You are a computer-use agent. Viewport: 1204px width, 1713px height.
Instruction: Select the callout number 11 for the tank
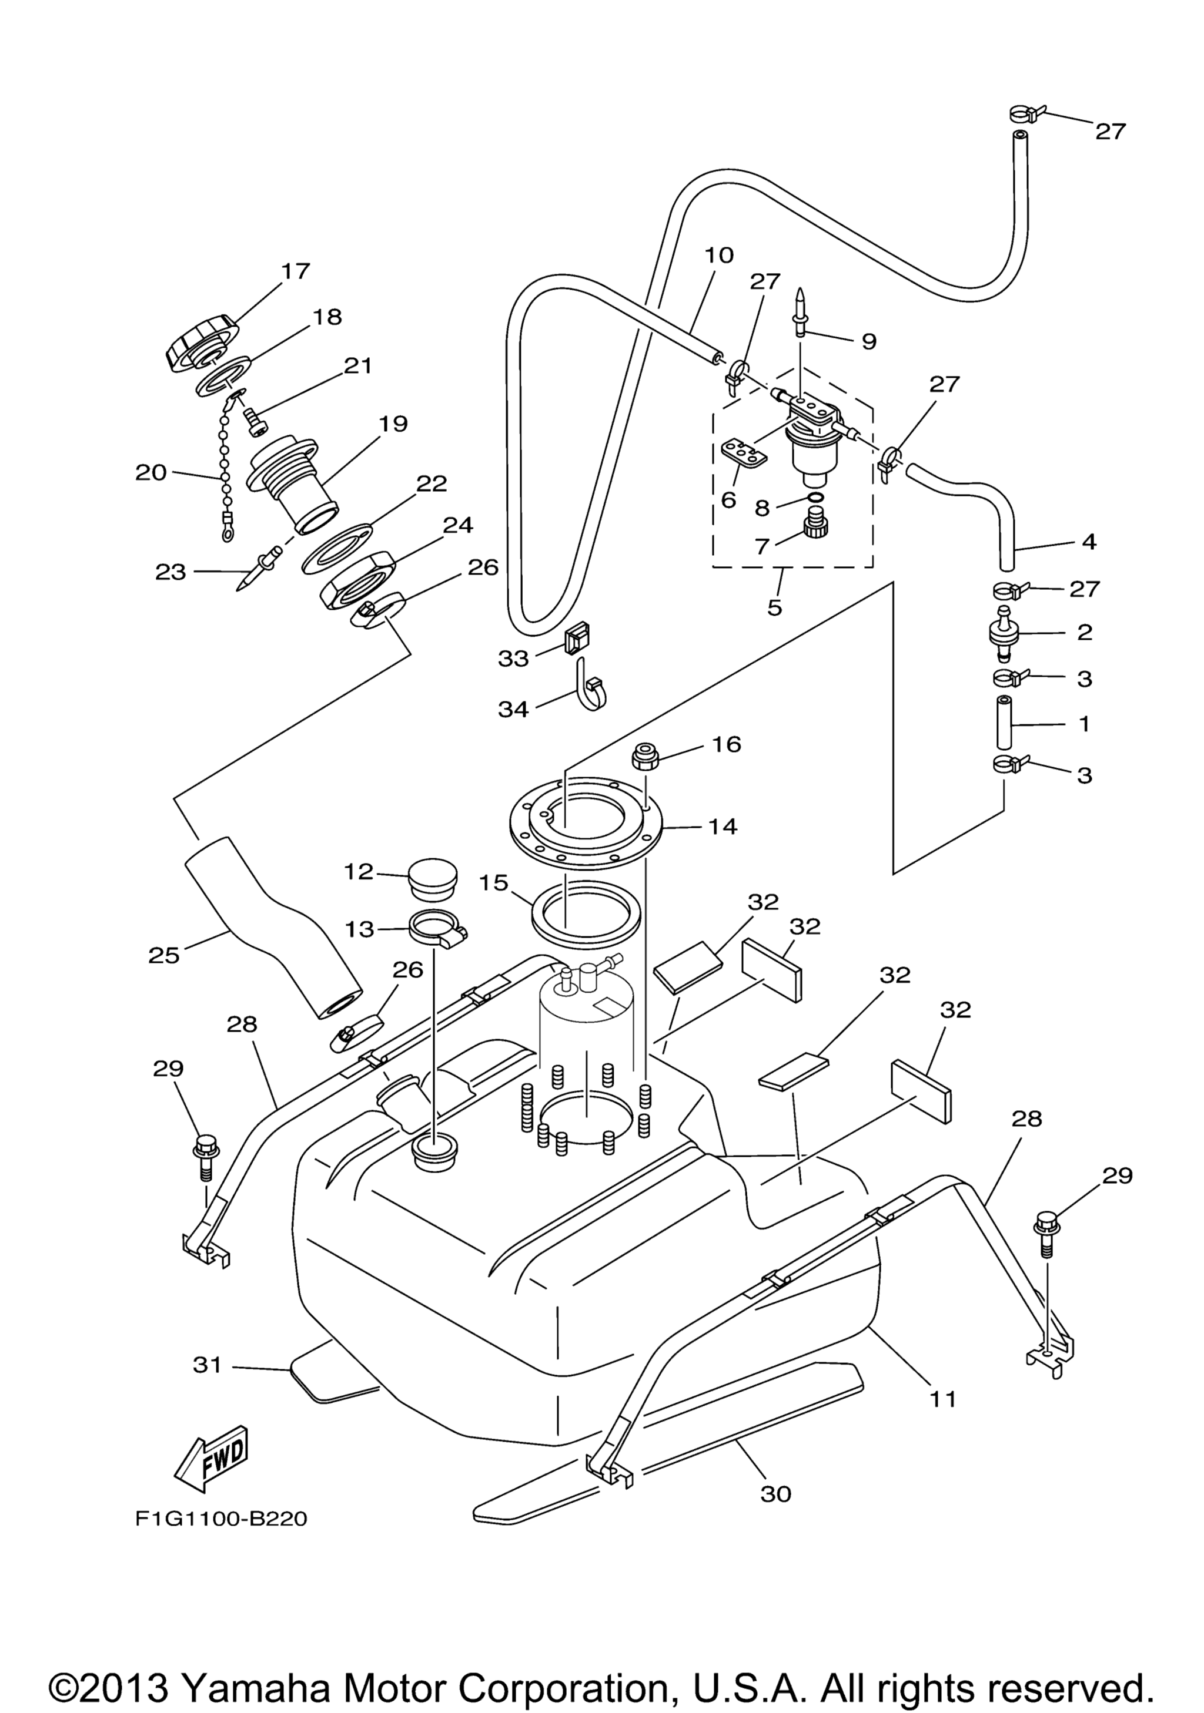(943, 1398)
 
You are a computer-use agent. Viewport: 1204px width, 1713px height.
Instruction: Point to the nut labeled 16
(644, 758)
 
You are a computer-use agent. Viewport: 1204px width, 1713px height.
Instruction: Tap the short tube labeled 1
(1004, 722)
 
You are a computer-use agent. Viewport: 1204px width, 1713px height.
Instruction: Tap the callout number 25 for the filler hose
(163, 955)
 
